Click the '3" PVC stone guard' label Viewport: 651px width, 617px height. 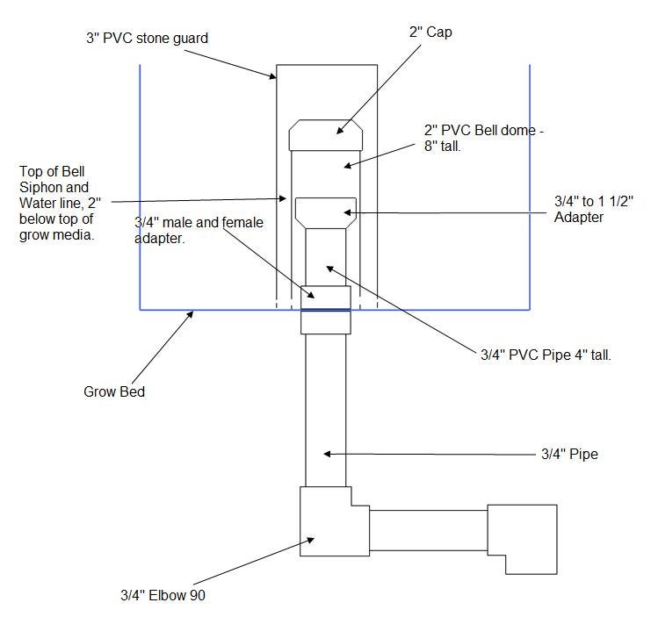(147, 38)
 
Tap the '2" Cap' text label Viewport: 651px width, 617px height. (430, 32)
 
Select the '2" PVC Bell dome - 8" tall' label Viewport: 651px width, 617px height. (484, 138)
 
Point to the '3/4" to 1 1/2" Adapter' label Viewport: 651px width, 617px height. (594, 209)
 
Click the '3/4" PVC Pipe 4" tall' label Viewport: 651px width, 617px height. (546, 355)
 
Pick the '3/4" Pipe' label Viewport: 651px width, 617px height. (569, 454)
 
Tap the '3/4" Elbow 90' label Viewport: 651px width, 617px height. (163, 595)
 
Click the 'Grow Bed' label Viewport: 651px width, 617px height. (114, 391)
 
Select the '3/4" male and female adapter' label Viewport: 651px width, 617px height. (199, 230)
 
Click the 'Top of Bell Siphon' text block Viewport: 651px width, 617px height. (60, 203)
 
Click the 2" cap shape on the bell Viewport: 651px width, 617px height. (326, 135)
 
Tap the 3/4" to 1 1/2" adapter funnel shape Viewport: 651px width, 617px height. (326, 213)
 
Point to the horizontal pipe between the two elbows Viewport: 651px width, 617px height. (429, 530)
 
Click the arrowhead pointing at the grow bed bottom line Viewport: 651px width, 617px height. (191, 314)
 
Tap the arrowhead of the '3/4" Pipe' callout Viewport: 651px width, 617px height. (327, 454)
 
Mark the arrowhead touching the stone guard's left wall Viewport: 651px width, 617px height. (273, 75)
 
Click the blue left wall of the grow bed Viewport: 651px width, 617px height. (140, 187)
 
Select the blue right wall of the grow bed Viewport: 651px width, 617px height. (530, 187)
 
